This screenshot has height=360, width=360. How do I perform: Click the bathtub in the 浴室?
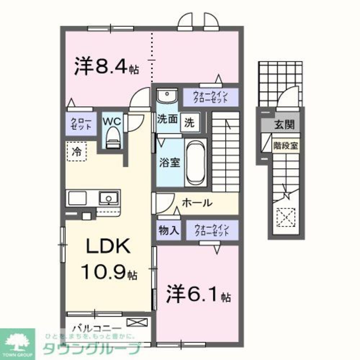pos(195,162)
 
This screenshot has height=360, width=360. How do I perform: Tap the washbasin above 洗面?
pos(167,96)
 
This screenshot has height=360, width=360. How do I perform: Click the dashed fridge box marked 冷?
pos(76,151)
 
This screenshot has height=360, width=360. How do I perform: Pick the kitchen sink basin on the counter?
pos(108,198)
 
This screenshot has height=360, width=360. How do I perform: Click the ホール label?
pos(197,203)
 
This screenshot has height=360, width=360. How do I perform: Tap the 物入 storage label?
pos(168,230)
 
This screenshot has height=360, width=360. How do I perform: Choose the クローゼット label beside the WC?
pos(81,123)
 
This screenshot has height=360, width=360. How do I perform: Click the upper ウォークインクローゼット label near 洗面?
pos(211,97)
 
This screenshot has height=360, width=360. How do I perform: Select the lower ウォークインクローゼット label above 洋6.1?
pos(212,230)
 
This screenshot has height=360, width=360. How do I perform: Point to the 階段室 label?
pos(285,146)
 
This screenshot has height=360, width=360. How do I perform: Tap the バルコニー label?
pos(96,328)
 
